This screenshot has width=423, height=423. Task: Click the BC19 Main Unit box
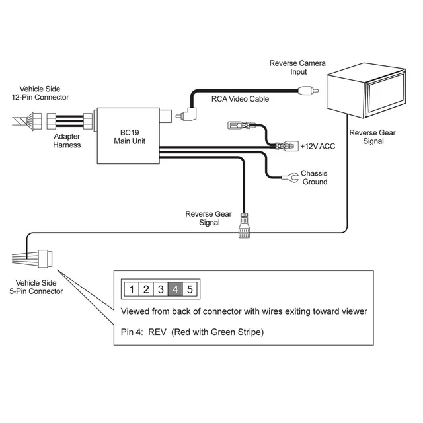(x=129, y=135)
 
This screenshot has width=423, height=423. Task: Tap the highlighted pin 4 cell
(x=175, y=289)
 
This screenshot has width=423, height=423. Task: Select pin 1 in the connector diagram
(x=132, y=289)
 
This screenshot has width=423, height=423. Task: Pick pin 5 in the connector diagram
(x=190, y=289)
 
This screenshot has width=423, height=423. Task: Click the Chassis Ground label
(x=314, y=177)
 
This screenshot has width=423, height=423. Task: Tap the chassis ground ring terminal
(x=288, y=176)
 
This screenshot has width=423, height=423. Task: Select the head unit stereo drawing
(x=355, y=91)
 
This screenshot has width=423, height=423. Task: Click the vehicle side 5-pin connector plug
(x=46, y=257)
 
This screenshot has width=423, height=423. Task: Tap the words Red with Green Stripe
(x=217, y=332)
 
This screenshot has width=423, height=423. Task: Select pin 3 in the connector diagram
(x=161, y=289)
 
